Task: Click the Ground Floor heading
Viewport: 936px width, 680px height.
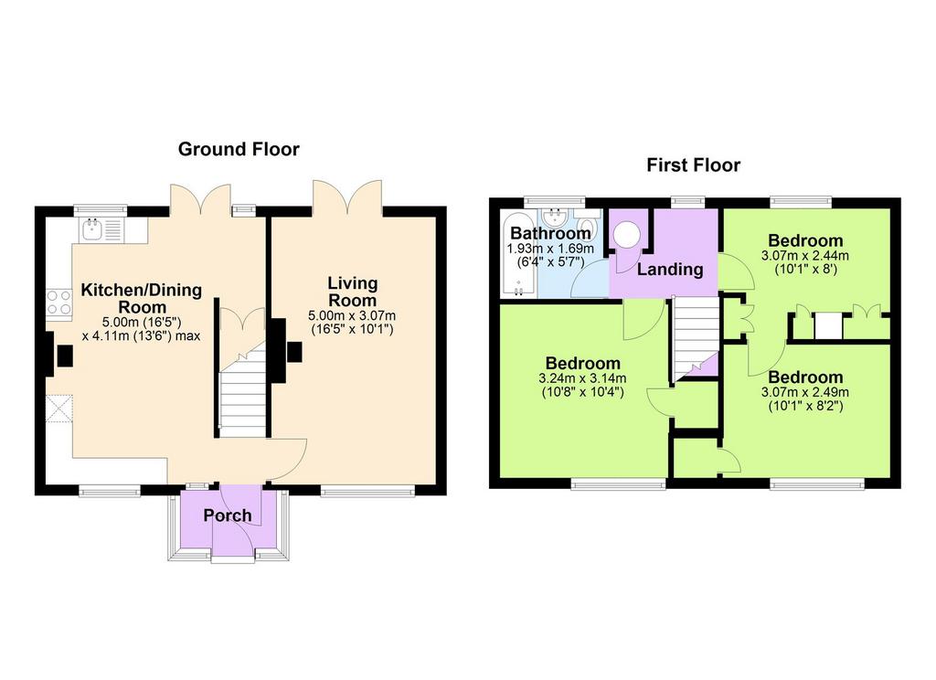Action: (x=239, y=149)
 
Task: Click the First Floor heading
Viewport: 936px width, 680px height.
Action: (x=693, y=165)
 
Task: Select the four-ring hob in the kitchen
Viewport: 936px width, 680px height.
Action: (x=59, y=302)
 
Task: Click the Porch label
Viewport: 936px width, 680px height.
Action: (x=228, y=515)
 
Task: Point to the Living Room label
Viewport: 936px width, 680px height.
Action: (x=352, y=292)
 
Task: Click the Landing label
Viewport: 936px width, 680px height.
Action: (x=670, y=270)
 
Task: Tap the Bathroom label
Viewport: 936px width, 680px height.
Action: (x=550, y=232)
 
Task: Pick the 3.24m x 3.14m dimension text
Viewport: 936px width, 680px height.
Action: (x=582, y=378)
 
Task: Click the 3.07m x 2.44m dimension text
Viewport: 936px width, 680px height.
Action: (x=805, y=256)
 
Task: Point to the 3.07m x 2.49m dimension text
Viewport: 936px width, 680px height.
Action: (x=805, y=393)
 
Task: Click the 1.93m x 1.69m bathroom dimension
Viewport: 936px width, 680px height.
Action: (x=550, y=249)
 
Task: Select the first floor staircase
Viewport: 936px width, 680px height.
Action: (x=696, y=337)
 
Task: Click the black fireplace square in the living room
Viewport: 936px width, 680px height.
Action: (x=294, y=352)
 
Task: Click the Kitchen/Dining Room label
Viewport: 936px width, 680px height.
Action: (x=142, y=299)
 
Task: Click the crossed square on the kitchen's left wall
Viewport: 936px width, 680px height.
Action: (x=59, y=409)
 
